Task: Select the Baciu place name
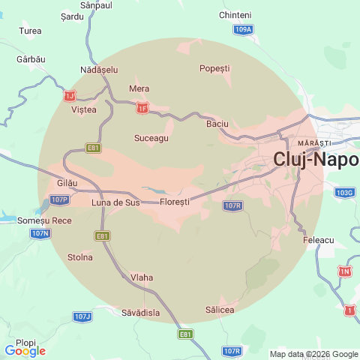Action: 217,123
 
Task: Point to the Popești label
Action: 214,68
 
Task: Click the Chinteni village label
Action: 235,15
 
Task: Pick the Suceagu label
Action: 151,138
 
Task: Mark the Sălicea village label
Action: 220,310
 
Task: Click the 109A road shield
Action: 243,30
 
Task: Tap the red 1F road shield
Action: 142,109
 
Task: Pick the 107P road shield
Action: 60,199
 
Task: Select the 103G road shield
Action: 344,193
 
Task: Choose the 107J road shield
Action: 82,316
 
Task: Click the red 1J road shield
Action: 70,95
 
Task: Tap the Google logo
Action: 25,351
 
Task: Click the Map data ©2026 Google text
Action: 314,354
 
